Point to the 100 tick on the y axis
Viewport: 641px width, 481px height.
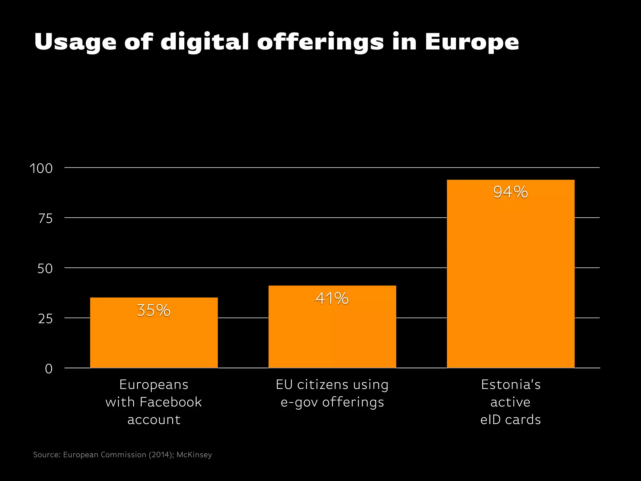[41, 168]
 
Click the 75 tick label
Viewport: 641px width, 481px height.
[45, 219]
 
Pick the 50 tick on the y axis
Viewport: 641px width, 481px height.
[45, 269]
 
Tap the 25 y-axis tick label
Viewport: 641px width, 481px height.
[45, 319]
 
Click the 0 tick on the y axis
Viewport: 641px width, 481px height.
[49, 369]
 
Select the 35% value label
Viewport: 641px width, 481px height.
[154, 310]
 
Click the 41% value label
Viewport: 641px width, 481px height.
[332, 298]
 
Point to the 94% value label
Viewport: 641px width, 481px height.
[510, 192]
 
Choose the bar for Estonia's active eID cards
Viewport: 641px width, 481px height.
[510, 282]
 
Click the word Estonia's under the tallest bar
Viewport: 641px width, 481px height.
[510, 385]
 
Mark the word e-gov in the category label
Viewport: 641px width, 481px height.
[299, 402]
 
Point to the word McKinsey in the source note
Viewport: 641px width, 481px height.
[194, 455]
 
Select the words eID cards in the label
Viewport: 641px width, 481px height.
[510, 420]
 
